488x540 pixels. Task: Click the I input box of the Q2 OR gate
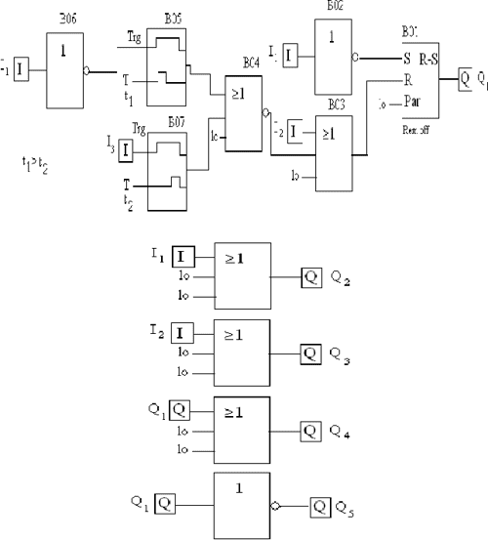click(183, 257)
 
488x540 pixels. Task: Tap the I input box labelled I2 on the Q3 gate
click(183, 334)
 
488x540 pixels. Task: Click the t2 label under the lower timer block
click(128, 198)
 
